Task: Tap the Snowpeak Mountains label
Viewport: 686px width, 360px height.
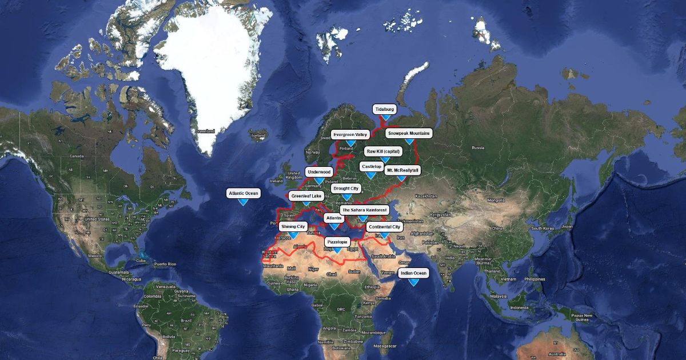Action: [x=408, y=133]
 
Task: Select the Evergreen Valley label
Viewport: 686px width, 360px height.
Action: [x=350, y=135]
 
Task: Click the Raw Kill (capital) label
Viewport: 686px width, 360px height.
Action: [x=384, y=151]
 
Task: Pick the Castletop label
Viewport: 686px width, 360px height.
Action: [x=371, y=166]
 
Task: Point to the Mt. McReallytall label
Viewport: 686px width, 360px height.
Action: [x=402, y=170]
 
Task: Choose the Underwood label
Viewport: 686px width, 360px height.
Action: [x=319, y=171]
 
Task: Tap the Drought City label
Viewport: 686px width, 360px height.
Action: [x=346, y=189]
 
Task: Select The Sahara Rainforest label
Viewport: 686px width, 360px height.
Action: [x=365, y=210]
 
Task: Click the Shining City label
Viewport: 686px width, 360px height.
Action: [x=293, y=227]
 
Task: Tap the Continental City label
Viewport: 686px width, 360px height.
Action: [x=384, y=227]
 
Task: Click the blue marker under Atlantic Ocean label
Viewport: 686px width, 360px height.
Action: [x=243, y=202]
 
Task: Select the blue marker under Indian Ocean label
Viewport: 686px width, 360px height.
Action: [x=413, y=282]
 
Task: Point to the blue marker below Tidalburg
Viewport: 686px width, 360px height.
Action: [x=385, y=117]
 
